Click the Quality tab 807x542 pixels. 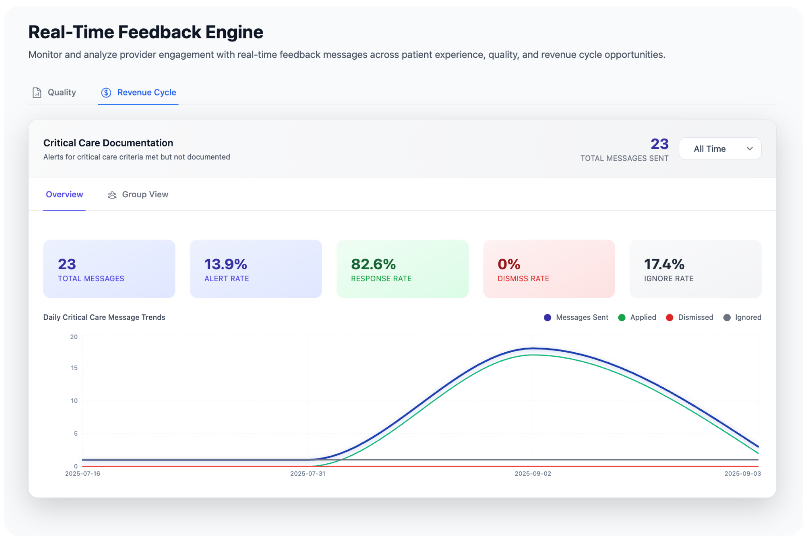pos(55,93)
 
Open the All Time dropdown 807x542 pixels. pos(720,149)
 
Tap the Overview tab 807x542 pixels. pos(64,194)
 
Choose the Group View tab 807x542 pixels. pos(138,194)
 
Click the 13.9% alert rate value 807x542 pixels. pos(226,264)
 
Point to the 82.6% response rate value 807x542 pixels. pos(373,264)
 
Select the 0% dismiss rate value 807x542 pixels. pos(509,264)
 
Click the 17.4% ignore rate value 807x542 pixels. pos(664,264)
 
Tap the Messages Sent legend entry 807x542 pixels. pos(576,317)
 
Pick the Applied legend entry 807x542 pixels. pos(637,317)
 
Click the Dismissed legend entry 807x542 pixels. pos(690,317)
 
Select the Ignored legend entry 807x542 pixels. pos(742,317)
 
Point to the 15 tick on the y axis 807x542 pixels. pos(75,368)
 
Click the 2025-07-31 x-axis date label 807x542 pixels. pos(308,473)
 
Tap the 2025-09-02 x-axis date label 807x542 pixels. pos(533,473)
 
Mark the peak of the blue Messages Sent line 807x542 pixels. pos(533,348)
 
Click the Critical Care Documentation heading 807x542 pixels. pos(108,143)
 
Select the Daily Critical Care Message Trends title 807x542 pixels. pos(104,317)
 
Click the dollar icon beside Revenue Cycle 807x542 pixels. pos(106,93)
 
